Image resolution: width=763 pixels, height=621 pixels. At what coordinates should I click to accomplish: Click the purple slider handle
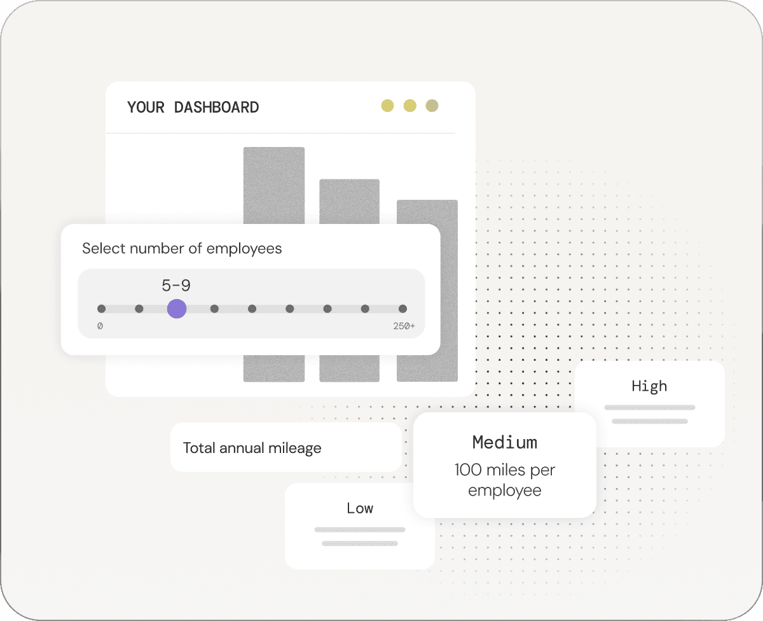[x=177, y=309]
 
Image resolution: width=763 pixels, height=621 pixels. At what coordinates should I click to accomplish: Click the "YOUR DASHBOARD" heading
[x=193, y=108]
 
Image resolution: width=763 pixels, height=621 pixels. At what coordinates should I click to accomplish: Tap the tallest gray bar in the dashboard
[x=274, y=185]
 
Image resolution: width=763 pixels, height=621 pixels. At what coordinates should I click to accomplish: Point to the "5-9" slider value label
[x=176, y=286]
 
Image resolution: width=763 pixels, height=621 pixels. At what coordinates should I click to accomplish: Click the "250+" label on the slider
[x=404, y=326]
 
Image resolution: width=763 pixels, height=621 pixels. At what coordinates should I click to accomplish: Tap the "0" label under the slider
[x=100, y=326]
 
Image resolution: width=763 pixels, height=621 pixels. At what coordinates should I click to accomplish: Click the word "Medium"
[x=505, y=442]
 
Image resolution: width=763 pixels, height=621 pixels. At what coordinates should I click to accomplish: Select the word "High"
[x=649, y=386]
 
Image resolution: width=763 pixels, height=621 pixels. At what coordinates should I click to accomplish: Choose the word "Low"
[x=360, y=508]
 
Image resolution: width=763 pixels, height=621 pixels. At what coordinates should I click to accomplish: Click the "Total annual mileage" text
[x=252, y=448]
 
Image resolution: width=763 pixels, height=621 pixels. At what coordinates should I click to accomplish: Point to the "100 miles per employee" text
[x=505, y=480]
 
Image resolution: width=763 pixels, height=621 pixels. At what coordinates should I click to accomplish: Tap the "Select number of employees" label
[x=182, y=248]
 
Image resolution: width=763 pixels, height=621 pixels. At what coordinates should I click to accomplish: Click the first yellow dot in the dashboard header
[x=387, y=106]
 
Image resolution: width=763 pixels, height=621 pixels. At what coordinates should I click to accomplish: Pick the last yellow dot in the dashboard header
[x=432, y=106]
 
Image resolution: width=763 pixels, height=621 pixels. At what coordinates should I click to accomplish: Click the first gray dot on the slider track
[x=102, y=309]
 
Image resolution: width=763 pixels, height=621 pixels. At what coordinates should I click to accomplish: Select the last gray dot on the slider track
[x=402, y=309]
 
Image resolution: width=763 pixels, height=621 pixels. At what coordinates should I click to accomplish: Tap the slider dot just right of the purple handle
[x=214, y=309]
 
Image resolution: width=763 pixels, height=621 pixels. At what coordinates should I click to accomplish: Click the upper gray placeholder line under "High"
[x=650, y=407]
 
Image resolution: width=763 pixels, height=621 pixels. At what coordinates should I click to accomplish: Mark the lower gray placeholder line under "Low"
[x=360, y=543]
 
